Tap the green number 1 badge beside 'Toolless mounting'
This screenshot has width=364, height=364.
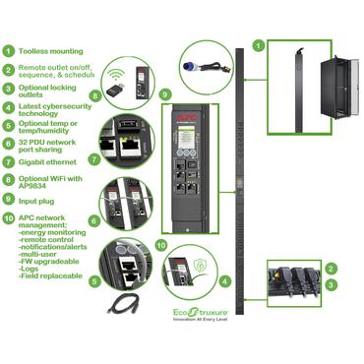click(9, 51)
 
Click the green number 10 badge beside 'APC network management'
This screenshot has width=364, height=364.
click(9, 234)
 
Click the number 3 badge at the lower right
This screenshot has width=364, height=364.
click(332, 284)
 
